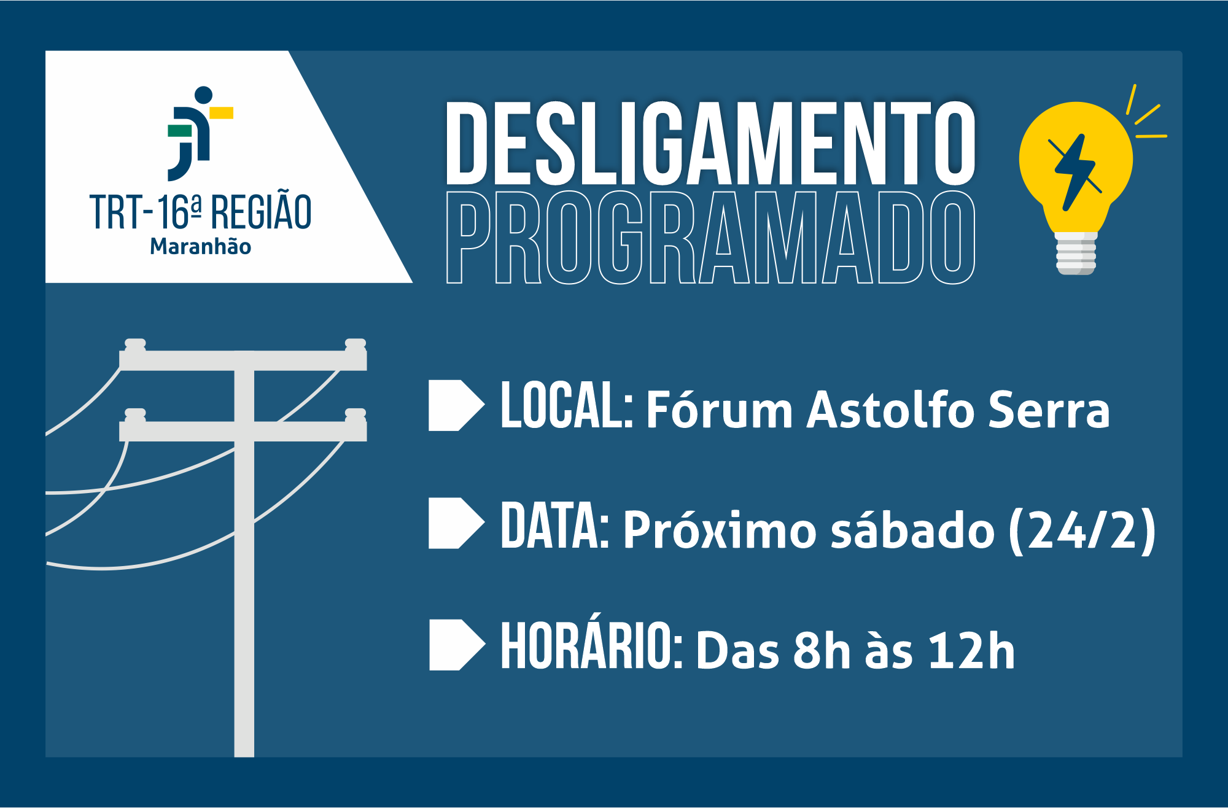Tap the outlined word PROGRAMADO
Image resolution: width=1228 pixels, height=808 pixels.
[x=710, y=237]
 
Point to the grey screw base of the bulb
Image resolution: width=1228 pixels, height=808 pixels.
[x=1076, y=253]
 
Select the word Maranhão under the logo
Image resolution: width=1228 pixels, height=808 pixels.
[x=201, y=246]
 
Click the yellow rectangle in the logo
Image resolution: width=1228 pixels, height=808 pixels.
[x=221, y=112]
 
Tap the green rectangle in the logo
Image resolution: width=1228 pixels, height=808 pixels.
[x=180, y=131]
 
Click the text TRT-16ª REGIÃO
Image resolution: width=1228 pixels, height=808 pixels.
[x=201, y=212]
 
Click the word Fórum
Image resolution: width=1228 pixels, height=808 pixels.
[x=720, y=408]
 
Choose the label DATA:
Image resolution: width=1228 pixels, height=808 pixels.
[x=554, y=525]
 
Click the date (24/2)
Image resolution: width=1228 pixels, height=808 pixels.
[x=1082, y=530]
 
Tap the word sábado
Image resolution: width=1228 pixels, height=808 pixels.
[x=913, y=529]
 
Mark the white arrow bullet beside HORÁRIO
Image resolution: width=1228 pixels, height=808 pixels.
[x=457, y=645]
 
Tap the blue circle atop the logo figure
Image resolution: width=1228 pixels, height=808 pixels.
[x=204, y=95]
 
